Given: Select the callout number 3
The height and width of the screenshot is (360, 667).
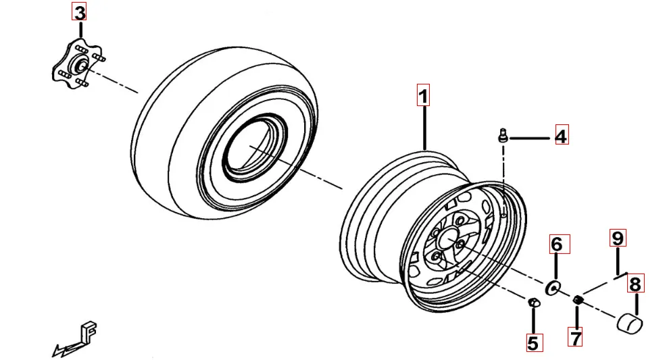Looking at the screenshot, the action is [x=79, y=12].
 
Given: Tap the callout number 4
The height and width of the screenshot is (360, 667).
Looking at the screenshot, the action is [x=562, y=135].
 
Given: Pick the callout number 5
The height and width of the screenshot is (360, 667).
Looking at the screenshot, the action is [x=533, y=342].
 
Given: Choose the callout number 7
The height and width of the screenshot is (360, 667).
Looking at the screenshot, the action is [x=576, y=338].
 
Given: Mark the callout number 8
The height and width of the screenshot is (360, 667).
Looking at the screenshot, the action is [x=635, y=284].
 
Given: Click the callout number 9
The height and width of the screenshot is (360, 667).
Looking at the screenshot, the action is [x=618, y=238].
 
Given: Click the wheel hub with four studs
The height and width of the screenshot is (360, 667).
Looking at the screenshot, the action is [x=78, y=66].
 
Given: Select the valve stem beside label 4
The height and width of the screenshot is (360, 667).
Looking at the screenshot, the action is [x=503, y=136].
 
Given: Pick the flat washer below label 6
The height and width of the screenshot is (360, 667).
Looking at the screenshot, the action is [x=553, y=288].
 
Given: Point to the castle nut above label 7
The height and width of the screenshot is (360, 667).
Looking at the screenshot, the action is [x=578, y=300].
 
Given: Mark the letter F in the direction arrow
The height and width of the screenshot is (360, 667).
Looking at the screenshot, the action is [x=88, y=332].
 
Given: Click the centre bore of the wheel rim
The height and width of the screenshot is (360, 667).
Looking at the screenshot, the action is [x=448, y=240].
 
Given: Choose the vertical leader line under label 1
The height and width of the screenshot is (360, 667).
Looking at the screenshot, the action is [x=424, y=128].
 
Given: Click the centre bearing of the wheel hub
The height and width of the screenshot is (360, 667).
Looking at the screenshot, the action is [x=80, y=65].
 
